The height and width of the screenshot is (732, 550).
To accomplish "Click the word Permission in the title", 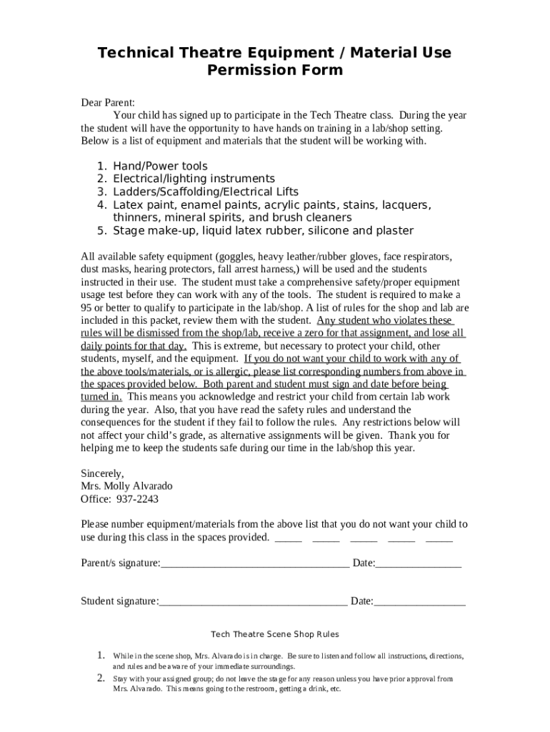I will coord(241,70).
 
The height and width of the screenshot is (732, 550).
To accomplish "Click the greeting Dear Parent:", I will coord(108,102).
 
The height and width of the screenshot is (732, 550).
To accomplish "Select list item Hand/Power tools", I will coord(160,166).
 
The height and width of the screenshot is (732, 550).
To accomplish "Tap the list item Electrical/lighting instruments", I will coord(194,179).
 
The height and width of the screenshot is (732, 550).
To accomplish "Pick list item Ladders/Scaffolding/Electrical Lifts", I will coord(206,192).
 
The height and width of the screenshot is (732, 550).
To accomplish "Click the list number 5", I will coord(101,230).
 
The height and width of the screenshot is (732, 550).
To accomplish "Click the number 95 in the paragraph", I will coord(87,307).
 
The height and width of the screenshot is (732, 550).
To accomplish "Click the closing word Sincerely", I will coord(102,473).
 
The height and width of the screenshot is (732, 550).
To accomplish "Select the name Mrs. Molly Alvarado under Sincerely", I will coord(126,486).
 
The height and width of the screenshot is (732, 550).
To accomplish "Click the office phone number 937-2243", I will coord(136,499).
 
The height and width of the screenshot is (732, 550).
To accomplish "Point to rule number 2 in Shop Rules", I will coord(101,678).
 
